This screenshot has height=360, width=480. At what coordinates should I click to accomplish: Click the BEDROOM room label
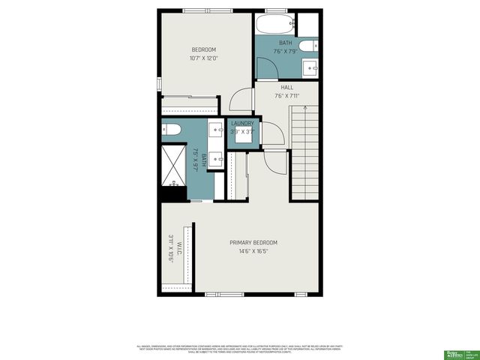click(204, 49)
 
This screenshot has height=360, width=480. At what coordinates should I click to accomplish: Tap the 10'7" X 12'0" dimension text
click(204, 58)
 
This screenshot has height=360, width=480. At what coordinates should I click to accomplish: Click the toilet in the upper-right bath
click(308, 47)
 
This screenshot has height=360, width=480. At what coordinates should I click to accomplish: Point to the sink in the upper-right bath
click(310, 69)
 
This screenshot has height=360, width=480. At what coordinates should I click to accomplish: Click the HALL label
click(287, 87)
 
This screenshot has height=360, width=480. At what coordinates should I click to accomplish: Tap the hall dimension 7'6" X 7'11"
click(287, 95)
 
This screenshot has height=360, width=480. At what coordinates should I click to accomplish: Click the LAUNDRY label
click(242, 123)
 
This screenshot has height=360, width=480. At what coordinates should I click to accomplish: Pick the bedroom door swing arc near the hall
click(241, 100)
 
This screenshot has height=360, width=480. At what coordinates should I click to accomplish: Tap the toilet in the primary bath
click(170, 130)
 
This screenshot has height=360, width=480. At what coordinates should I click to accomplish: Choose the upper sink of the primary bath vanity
click(214, 130)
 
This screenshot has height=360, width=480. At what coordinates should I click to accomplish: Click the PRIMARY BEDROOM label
click(253, 242)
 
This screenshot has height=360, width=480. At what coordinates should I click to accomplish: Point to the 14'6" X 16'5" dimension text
click(253, 251)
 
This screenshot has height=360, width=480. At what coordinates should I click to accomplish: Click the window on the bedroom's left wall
click(159, 83)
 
